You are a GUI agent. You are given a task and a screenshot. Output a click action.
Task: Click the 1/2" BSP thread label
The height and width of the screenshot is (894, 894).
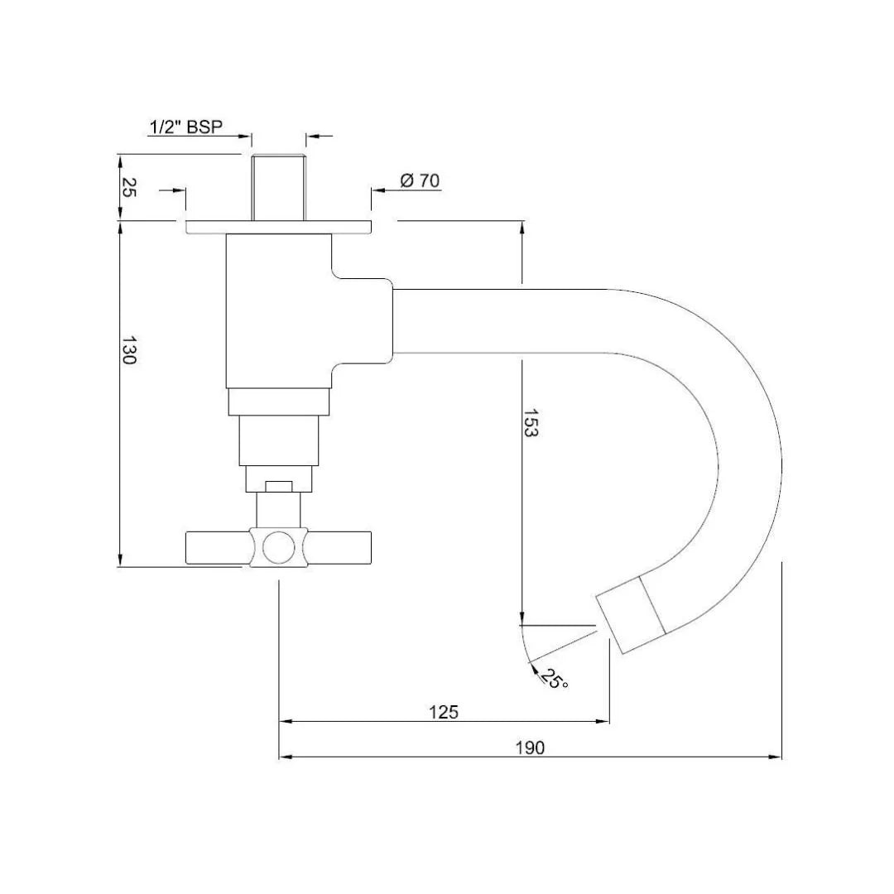(x=186, y=127)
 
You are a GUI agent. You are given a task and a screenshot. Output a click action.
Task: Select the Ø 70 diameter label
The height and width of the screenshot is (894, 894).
(x=420, y=180)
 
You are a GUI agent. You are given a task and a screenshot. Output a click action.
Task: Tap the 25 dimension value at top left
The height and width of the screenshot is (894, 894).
(x=128, y=188)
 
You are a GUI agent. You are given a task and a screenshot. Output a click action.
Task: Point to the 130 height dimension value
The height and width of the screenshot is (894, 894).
(x=128, y=351)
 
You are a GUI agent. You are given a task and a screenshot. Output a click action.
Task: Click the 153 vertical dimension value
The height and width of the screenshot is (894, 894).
(x=531, y=423)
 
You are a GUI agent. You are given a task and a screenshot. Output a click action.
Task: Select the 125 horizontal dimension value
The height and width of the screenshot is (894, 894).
(x=444, y=711)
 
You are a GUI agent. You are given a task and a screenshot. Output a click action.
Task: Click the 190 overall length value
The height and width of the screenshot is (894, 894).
(x=530, y=747)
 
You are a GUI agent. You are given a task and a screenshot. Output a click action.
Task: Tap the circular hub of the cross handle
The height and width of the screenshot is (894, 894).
(x=278, y=547)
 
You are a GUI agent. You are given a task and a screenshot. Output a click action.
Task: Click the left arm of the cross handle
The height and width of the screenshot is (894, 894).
(x=217, y=546)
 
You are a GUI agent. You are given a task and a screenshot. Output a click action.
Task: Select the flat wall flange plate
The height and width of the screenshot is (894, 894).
(x=278, y=227)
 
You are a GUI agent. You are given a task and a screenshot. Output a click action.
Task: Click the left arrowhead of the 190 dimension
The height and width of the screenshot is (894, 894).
(x=285, y=757)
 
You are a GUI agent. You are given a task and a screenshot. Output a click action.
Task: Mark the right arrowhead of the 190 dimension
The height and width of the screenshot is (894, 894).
(x=776, y=757)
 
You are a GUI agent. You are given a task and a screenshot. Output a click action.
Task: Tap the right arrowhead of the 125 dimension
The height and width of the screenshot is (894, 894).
(x=604, y=722)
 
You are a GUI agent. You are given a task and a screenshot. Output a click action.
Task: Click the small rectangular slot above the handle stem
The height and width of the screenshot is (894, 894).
(x=278, y=486)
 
